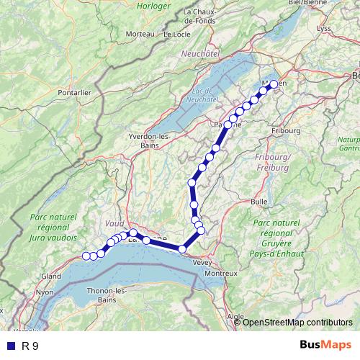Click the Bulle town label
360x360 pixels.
(x=259, y=202)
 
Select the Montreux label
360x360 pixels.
(x=220, y=274)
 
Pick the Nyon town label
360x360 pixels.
(x=45, y=292)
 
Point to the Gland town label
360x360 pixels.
(x=51, y=276)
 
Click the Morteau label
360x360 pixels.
(x=140, y=34)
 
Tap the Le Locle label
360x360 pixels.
(x=176, y=34)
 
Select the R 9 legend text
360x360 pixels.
(x=30, y=346)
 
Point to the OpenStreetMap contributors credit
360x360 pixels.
(x=297, y=322)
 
